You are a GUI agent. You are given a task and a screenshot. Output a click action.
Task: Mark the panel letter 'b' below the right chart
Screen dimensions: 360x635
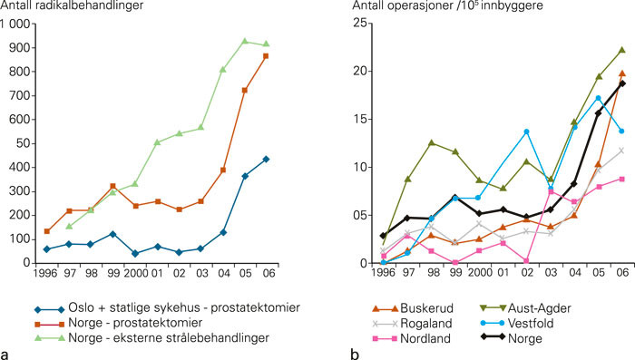coord(355,352)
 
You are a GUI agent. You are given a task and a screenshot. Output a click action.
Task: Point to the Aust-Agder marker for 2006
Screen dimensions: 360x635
coord(622,50)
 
